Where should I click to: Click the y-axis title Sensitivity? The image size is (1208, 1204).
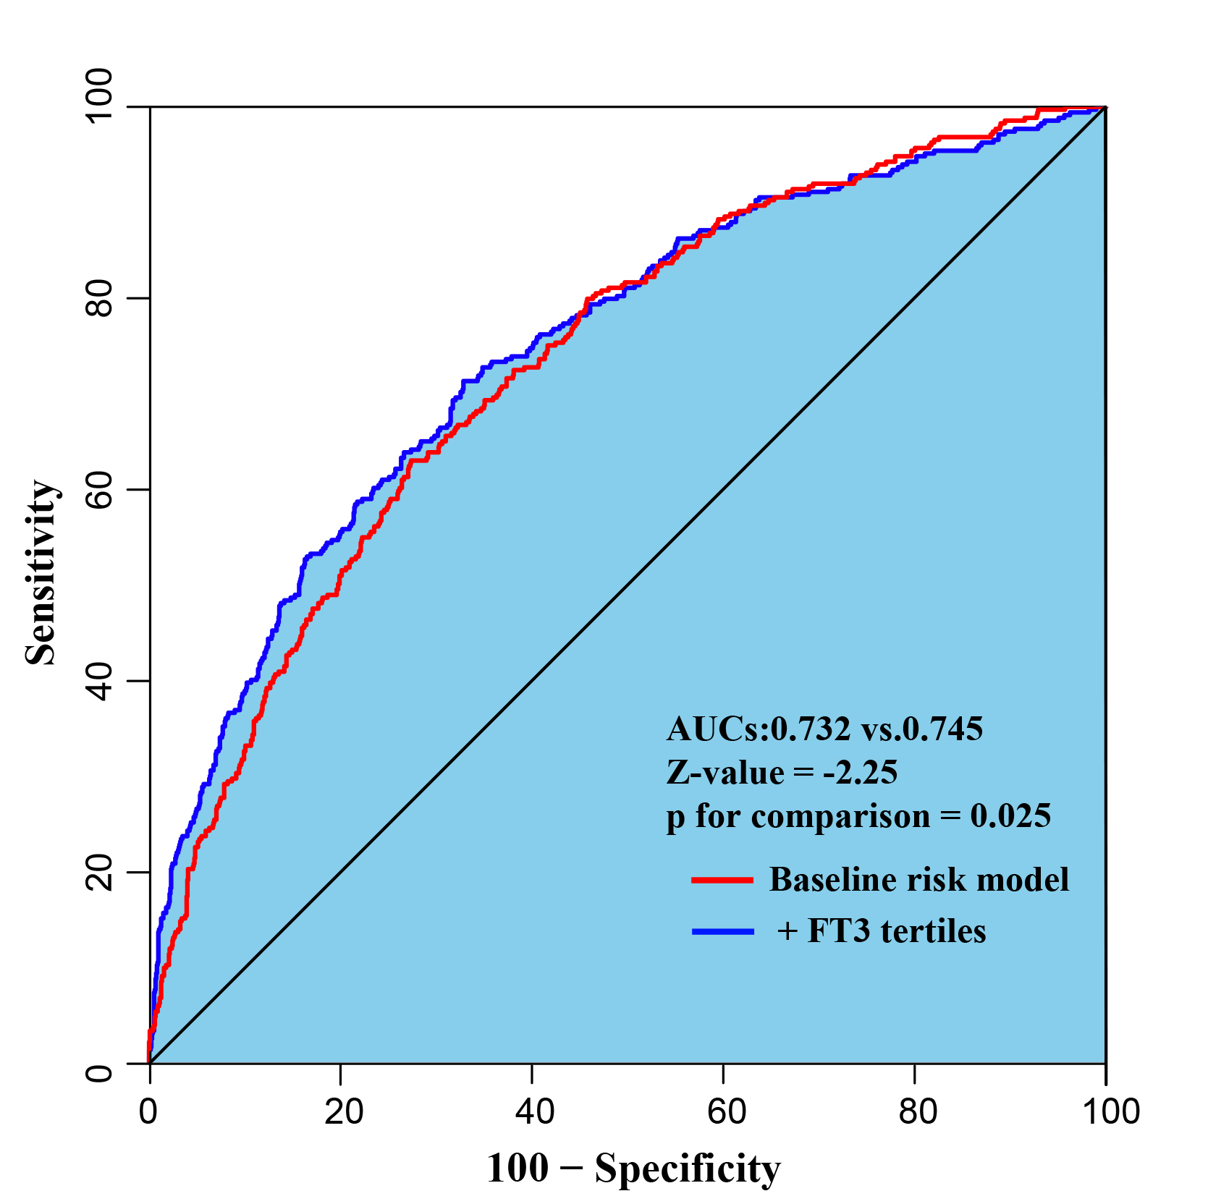tap(41, 572)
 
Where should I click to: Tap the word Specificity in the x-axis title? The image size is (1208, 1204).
tap(688, 1169)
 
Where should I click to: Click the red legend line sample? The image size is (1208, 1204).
tap(722, 880)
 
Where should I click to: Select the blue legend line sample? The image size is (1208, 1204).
tap(722, 931)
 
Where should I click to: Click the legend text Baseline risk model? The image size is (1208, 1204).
tap(918, 880)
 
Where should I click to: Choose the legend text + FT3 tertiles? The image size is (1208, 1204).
tap(881, 931)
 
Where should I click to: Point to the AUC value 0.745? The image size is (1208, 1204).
tap(942, 729)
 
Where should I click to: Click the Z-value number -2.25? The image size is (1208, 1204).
tap(860, 773)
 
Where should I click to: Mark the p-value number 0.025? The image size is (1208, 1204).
tap(1010, 816)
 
